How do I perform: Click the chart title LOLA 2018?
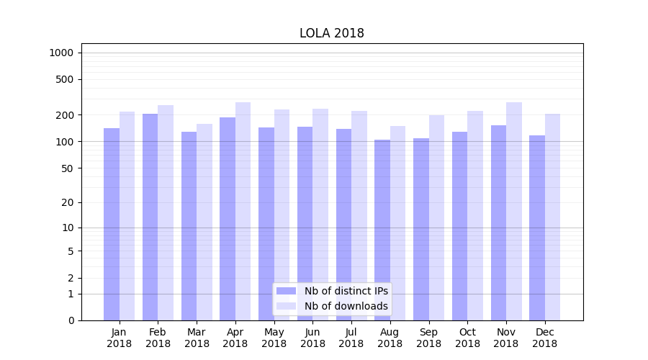click(x=332, y=34)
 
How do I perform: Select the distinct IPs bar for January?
click(x=112, y=223)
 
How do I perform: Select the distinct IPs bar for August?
click(x=382, y=230)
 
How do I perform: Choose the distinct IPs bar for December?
click(x=537, y=228)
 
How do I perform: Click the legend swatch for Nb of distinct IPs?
click(x=287, y=291)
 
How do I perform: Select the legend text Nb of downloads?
click(x=346, y=306)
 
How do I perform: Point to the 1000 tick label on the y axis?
click(x=61, y=53)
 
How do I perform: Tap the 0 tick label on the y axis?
click(x=71, y=320)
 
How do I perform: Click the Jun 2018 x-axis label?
click(x=312, y=338)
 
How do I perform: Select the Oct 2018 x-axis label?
click(x=467, y=338)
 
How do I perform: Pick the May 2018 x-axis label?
click(x=274, y=338)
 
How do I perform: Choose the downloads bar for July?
click(x=359, y=215)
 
